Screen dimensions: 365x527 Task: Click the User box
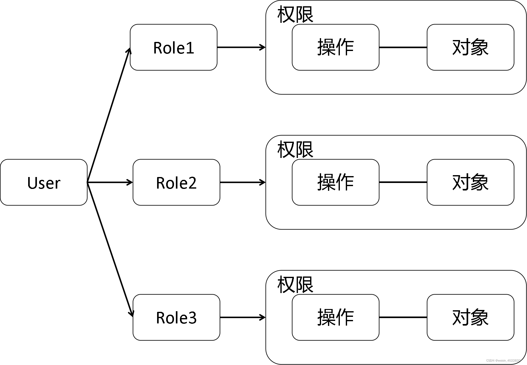(43, 182)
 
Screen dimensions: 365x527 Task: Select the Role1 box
(173, 47)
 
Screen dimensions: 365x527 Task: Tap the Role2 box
(176, 182)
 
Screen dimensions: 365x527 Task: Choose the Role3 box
(176, 317)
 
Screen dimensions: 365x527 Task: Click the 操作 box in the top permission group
(335, 47)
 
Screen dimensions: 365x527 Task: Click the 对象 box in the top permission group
(470, 47)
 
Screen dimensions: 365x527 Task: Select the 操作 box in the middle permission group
(335, 182)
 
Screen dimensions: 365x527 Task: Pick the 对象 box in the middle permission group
(470, 182)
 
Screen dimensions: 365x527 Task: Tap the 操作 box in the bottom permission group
(335, 317)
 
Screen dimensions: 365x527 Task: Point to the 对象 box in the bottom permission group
(470, 317)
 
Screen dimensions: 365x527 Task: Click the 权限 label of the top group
(295, 14)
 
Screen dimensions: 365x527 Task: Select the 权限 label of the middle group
(295, 150)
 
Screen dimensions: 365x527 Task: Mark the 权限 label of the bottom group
(295, 285)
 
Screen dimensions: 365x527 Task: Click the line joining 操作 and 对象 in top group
(403, 47)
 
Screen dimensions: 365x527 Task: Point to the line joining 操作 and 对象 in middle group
(403, 182)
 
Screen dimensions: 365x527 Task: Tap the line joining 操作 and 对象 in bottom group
(403, 317)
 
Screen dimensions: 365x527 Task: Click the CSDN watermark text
(504, 361)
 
